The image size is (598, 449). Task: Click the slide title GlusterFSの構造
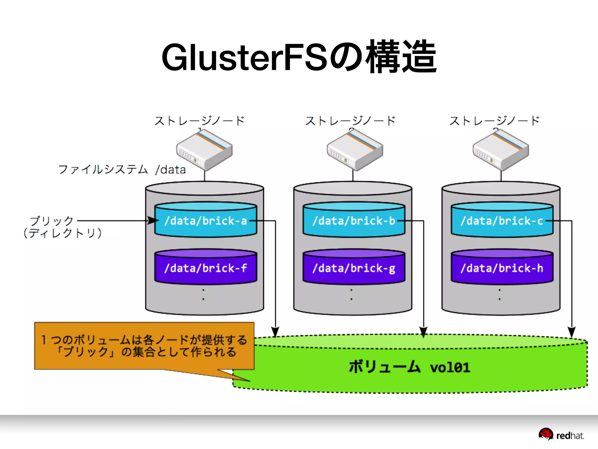click(299, 57)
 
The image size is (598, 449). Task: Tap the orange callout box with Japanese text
click(144, 346)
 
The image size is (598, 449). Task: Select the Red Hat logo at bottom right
click(561, 435)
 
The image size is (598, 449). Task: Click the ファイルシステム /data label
click(122, 170)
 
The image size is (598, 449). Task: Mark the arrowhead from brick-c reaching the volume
click(571, 332)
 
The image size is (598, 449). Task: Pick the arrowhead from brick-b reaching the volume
click(423, 332)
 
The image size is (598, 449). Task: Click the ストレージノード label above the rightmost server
click(494, 121)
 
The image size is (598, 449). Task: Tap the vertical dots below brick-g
click(352, 295)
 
